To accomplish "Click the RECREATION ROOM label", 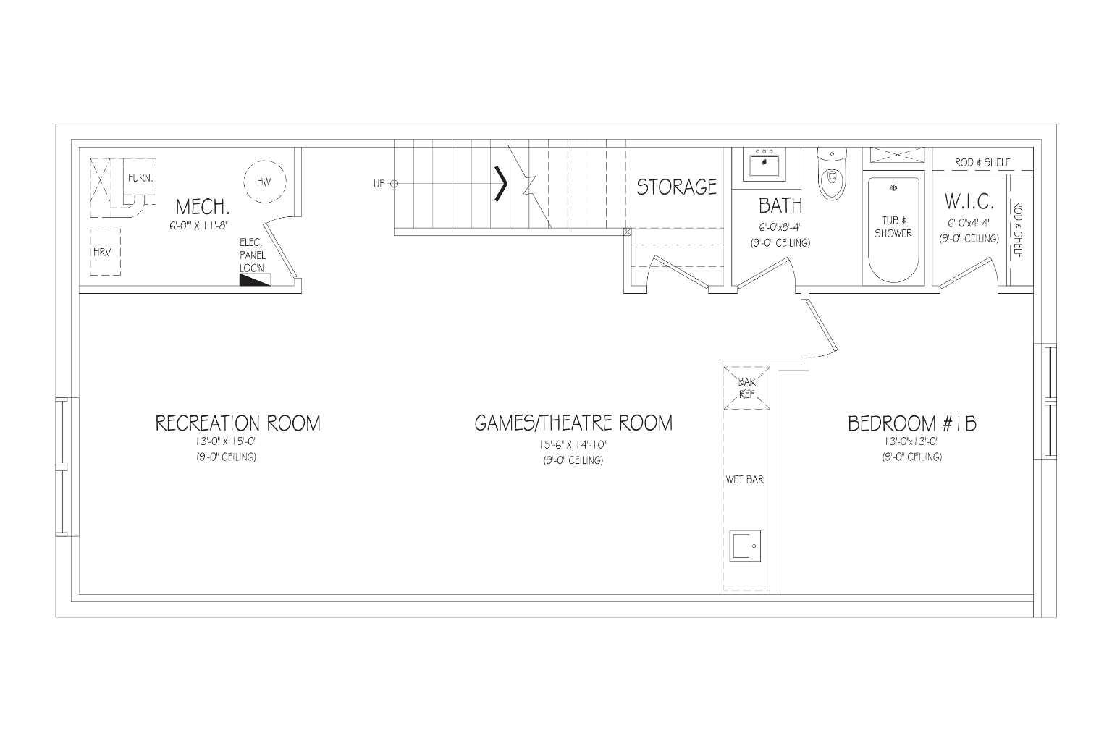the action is [237, 423].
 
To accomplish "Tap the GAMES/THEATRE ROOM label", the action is [573, 423].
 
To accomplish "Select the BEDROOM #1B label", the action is [912, 424].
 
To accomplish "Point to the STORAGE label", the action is [677, 187].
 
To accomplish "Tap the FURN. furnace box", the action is [140, 178].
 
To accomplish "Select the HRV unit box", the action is [105, 252].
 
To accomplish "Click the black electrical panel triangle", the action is [255, 280].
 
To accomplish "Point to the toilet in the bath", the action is [832, 174].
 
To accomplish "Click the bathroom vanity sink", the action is [764, 164].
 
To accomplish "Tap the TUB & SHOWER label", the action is [893, 226].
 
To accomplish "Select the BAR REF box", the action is [746, 388].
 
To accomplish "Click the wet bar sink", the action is [745, 546].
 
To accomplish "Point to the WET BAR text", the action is [745, 480].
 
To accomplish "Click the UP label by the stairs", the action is [379, 184].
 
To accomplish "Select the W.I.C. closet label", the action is [969, 202].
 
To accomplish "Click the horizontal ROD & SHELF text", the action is [982, 162].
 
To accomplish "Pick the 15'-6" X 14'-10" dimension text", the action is [573, 445].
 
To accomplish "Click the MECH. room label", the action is [203, 206].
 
